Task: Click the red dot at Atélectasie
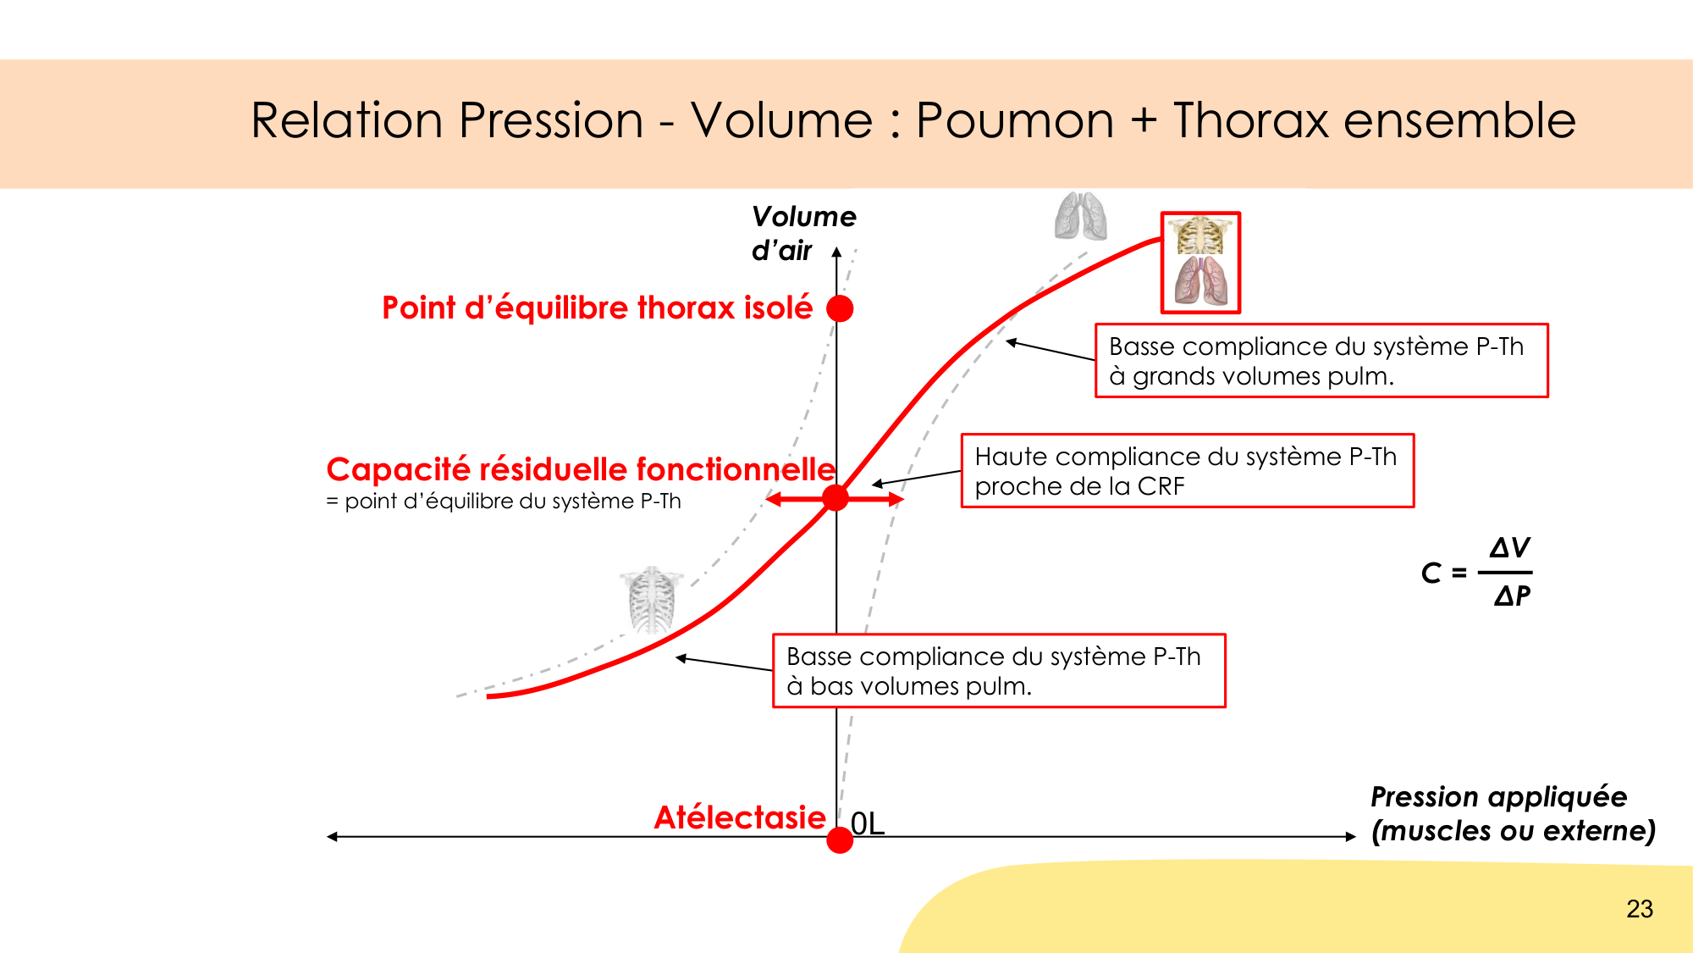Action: point(840,839)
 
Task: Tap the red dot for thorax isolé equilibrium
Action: point(840,308)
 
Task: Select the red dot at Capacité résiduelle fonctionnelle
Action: point(835,498)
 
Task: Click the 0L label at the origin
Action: point(868,823)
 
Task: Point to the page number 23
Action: point(1640,909)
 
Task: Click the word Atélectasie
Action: point(740,817)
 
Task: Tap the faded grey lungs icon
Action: point(1081,216)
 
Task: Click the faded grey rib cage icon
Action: point(651,601)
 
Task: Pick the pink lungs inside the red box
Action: point(1200,280)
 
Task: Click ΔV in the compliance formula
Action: point(1509,548)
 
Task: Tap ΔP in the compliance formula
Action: point(1512,596)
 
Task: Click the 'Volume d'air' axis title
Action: point(803,233)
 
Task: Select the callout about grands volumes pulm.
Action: point(1321,360)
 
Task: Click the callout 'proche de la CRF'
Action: point(1188,470)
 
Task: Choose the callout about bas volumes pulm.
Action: point(999,670)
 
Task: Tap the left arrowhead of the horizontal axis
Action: point(332,837)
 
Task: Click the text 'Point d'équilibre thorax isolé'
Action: point(597,308)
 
